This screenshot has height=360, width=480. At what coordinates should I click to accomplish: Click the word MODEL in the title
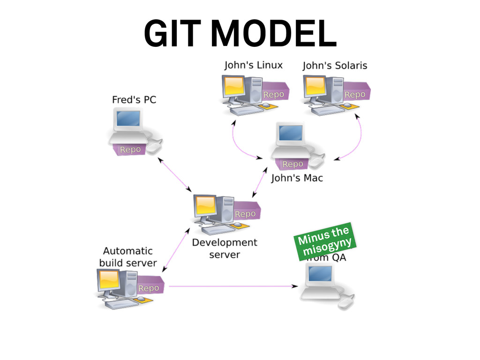(274, 34)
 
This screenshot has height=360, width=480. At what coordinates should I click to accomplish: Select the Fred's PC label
(134, 99)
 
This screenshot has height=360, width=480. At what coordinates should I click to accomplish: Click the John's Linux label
(253, 65)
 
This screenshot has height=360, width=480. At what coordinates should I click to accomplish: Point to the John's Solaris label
(335, 66)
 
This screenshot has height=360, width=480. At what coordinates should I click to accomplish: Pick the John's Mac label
(297, 178)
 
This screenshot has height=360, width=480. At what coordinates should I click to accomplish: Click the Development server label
(225, 248)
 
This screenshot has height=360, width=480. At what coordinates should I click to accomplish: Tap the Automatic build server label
(127, 257)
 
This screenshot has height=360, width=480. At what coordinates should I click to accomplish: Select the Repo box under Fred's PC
(130, 150)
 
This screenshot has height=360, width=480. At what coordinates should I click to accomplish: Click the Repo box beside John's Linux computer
(274, 94)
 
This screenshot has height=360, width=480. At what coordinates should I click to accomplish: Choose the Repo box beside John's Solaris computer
(355, 94)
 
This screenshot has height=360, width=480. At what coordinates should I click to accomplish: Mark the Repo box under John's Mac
(292, 164)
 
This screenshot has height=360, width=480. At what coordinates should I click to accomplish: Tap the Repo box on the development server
(245, 214)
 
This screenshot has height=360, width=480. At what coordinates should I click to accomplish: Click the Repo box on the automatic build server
(149, 288)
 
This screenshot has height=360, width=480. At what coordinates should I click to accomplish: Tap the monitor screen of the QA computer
(321, 273)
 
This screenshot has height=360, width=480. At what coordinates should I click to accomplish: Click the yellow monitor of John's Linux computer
(234, 86)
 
